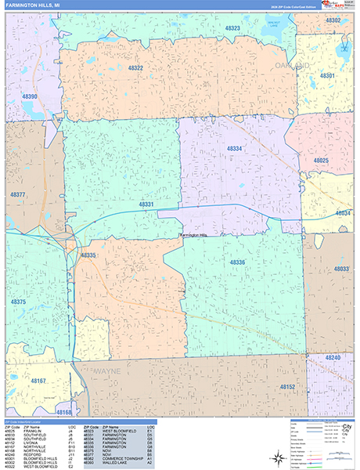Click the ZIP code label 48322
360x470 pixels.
click(x=135, y=68)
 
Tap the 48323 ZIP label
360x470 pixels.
click(x=233, y=28)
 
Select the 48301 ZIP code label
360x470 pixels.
click(x=327, y=76)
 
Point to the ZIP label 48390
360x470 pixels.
click(x=29, y=96)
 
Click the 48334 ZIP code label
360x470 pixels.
click(x=234, y=148)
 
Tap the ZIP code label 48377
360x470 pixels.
click(x=18, y=193)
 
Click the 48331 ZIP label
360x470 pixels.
click(x=146, y=204)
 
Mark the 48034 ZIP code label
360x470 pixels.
click(x=343, y=212)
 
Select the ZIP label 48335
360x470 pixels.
click(x=88, y=255)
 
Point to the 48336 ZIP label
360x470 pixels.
click(x=237, y=262)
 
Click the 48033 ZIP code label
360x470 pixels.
click(x=341, y=269)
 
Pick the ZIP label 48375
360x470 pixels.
click(x=19, y=302)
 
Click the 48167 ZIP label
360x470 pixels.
click(x=39, y=382)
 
